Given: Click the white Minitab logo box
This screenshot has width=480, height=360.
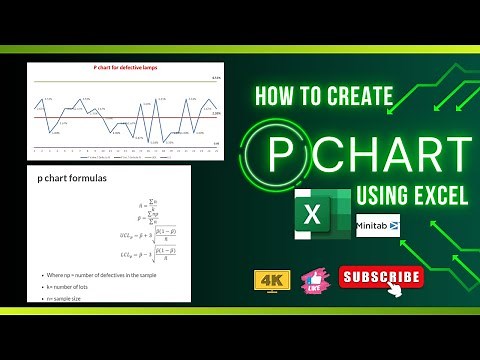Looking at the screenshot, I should pos(377,225).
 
